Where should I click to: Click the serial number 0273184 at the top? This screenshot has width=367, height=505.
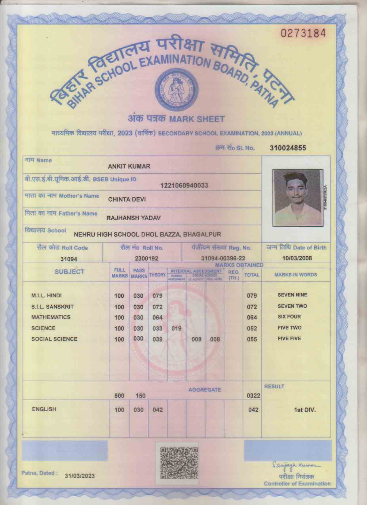(303, 33)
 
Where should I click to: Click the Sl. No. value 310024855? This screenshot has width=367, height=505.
(288, 148)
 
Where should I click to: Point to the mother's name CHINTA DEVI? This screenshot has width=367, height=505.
(127, 199)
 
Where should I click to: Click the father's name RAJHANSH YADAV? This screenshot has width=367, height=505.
(134, 218)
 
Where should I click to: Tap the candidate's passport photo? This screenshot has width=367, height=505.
(298, 198)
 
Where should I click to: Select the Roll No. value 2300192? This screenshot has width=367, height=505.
(147, 259)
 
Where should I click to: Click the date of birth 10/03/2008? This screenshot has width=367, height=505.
(297, 258)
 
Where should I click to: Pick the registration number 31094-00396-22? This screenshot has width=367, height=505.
(223, 259)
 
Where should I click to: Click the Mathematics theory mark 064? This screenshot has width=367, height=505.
(157, 317)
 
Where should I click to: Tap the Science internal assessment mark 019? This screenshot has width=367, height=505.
(176, 328)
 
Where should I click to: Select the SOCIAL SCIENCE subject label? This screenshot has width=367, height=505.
(54, 339)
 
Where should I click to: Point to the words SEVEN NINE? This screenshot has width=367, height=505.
(292, 295)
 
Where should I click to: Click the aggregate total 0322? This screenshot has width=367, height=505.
(253, 396)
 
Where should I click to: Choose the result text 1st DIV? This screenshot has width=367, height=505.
(305, 410)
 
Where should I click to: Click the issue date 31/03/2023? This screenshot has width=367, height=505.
(80, 476)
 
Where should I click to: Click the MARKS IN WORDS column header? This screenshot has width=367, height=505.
(296, 275)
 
